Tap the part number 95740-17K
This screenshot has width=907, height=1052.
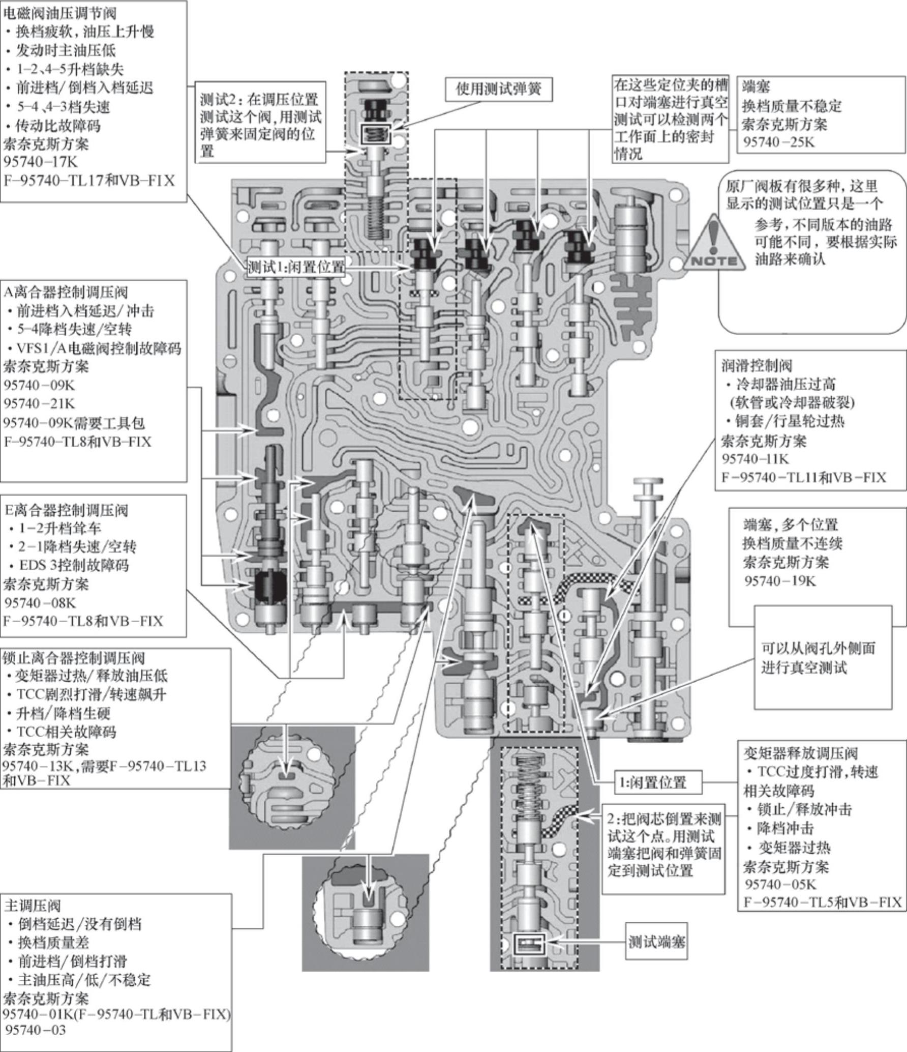tap(40, 162)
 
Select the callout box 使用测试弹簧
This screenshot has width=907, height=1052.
tap(498, 90)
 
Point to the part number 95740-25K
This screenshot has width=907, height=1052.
tap(779, 142)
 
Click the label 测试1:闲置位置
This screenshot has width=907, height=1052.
tap(295, 267)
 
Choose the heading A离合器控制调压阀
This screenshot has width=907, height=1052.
tap(66, 292)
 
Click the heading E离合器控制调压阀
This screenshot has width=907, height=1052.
tap(66, 509)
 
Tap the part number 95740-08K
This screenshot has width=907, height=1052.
tap(40, 603)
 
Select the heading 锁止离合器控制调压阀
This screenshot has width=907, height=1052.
tap(74, 658)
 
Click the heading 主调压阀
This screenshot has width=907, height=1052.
tap(33, 906)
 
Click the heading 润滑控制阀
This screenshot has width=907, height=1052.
tap(757, 365)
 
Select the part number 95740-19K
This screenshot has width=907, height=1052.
tap(779, 581)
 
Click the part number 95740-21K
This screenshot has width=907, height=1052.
tap(39, 403)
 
